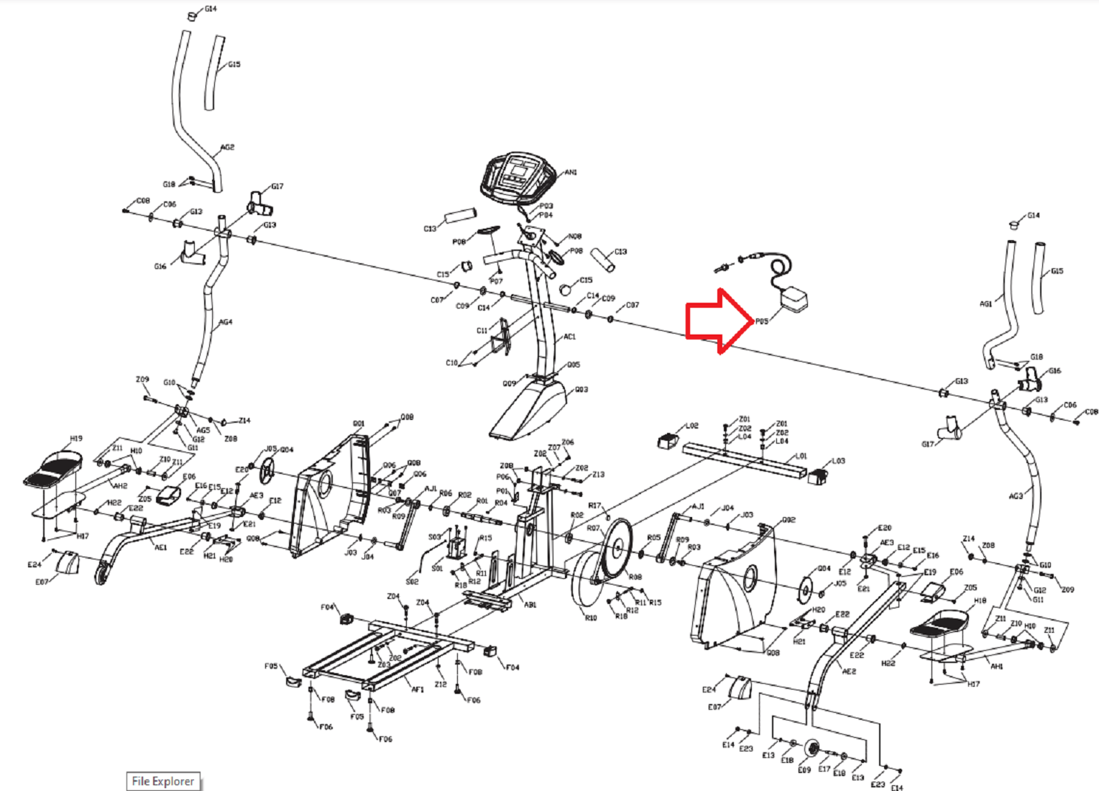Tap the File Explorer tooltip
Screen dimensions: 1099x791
[x=163, y=781]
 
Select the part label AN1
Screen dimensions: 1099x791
[x=571, y=173]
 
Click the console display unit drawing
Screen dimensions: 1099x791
[x=518, y=176]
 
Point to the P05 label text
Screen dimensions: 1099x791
[x=761, y=321]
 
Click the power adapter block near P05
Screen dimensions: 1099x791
[x=794, y=299]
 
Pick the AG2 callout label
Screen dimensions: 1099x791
[x=227, y=147]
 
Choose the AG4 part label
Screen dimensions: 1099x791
[x=226, y=322]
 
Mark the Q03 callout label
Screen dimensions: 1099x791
[x=581, y=390]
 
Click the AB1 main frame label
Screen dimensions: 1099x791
[x=530, y=605]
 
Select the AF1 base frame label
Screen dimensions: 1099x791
[x=418, y=689]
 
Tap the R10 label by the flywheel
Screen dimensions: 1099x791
[x=590, y=618]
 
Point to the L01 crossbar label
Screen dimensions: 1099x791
[x=801, y=456]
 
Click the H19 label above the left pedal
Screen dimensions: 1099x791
[x=76, y=438]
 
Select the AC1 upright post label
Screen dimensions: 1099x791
[x=569, y=337]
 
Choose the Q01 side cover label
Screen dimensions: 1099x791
[x=359, y=424]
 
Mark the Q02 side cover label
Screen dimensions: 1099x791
[x=788, y=519]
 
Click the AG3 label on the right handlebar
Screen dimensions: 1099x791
[x=1015, y=496]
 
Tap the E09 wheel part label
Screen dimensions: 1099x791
[x=804, y=769]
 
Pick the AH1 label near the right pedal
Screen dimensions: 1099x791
[x=996, y=667]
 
